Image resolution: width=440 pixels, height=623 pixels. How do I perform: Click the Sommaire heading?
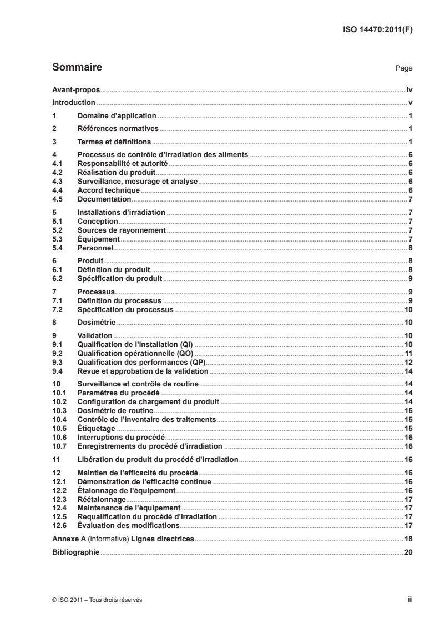[x=77, y=68]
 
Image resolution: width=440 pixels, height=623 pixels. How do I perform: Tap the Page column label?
[x=403, y=69]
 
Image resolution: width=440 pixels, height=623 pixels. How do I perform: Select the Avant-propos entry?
[x=75, y=89]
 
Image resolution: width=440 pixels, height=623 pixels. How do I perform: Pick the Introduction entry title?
[x=74, y=103]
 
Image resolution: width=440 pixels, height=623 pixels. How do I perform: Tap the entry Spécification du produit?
[x=119, y=278]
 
